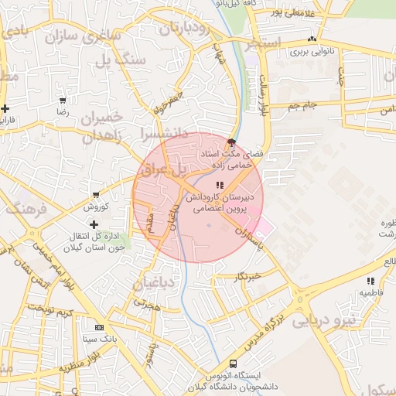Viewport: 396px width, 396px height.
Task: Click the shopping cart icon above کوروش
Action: click(x=95, y=195)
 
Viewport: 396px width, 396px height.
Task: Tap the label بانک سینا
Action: click(x=101, y=339)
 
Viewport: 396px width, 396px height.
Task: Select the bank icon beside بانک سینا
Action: click(x=98, y=326)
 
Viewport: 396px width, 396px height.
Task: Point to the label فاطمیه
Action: click(x=370, y=293)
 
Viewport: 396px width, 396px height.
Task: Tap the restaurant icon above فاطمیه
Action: click(x=371, y=281)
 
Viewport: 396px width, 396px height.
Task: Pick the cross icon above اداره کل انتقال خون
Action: click(x=94, y=224)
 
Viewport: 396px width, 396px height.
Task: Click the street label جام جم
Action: click(x=302, y=104)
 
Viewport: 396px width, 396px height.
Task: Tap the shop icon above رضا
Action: click(x=62, y=101)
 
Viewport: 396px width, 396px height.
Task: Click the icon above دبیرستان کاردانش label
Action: click(x=220, y=185)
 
